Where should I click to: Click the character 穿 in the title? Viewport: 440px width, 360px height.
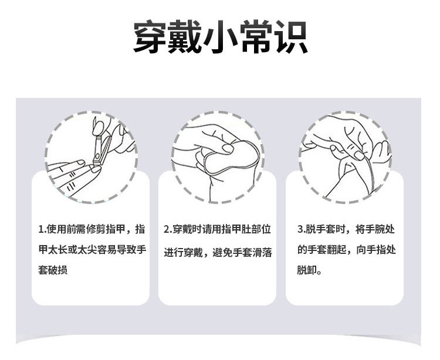coord(150,37)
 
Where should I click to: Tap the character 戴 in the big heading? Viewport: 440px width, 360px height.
coord(185,37)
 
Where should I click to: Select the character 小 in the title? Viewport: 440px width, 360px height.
coord(220,37)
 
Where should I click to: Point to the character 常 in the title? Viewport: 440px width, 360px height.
coord(255,37)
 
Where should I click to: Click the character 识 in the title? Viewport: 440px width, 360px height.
coord(291,37)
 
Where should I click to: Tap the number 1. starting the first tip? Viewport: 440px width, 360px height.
coord(42,229)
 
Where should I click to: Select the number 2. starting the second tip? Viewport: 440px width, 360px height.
coord(168,229)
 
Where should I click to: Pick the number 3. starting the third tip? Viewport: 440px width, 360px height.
coord(302,229)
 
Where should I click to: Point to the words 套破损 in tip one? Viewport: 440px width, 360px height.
coord(53,270)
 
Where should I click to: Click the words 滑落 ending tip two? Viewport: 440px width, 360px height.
coord(262,253)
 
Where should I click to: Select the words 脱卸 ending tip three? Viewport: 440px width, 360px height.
coord(307,270)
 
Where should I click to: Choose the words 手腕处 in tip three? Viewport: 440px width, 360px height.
coord(380,229)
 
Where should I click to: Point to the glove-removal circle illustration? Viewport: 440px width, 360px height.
coord(345,157)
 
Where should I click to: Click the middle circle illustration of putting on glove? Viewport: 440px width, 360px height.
coord(218,157)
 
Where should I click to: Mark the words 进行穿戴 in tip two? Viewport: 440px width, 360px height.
coord(183,253)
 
